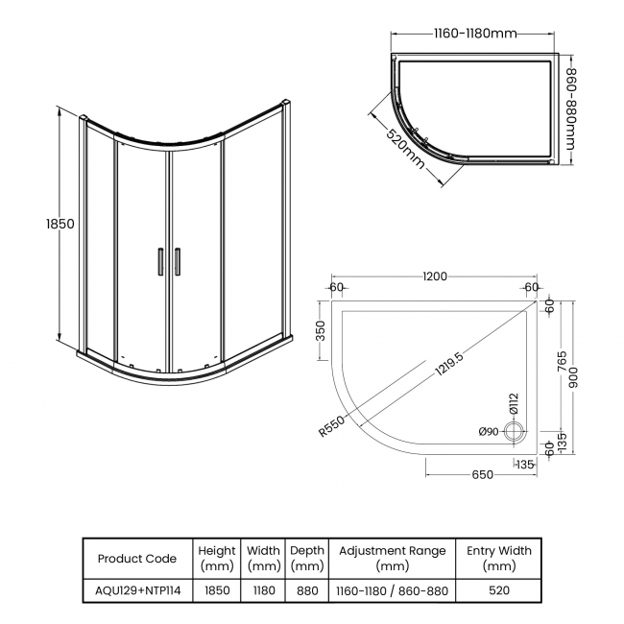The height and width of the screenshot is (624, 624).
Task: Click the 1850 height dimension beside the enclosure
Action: click(60, 224)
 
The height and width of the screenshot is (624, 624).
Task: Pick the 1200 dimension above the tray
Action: click(434, 277)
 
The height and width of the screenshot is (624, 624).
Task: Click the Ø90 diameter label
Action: click(490, 432)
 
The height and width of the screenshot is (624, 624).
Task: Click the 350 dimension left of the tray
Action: click(322, 331)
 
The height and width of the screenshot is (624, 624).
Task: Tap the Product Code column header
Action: click(137, 558)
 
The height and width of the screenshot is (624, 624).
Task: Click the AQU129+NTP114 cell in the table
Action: click(137, 590)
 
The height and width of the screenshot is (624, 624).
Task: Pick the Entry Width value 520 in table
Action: click(498, 590)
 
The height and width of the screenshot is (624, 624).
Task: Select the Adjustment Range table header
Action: click(392, 558)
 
